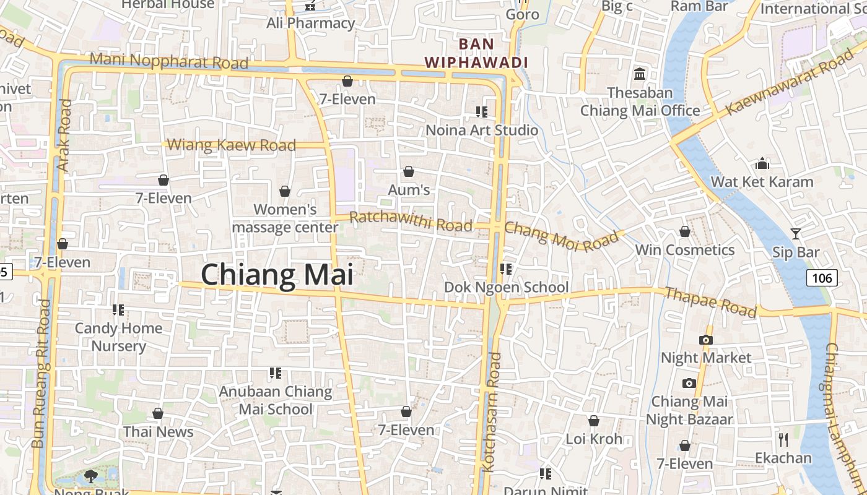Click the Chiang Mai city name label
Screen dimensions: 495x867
[x=277, y=274]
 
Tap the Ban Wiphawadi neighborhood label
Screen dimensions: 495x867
[x=476, y=53]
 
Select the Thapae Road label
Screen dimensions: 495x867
[x=710, y=301]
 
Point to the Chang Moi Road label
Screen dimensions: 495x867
[x=562, y=236]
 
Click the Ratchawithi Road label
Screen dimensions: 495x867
[x=411, y=221]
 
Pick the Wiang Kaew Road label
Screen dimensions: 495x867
[x=232, y=145]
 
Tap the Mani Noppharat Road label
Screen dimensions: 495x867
[x=168, y=61]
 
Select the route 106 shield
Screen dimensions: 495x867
[x=822, y=278]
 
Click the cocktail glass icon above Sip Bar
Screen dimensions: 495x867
[x=796, y=234]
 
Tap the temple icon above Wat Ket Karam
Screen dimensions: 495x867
[x=762, y=163]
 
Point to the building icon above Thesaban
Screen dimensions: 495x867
[x=640, y=74]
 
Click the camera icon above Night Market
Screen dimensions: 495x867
[x=705, y=340]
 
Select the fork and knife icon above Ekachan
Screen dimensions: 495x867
[x=783, y=440]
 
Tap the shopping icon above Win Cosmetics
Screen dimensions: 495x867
[x=685, y=231]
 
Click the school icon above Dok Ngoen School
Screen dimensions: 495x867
[x=506, y=269]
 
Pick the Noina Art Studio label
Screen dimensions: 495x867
[x=482, y=130]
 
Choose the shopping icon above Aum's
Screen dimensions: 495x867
[x=409, y=171]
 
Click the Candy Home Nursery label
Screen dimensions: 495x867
[x=118, y=337]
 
